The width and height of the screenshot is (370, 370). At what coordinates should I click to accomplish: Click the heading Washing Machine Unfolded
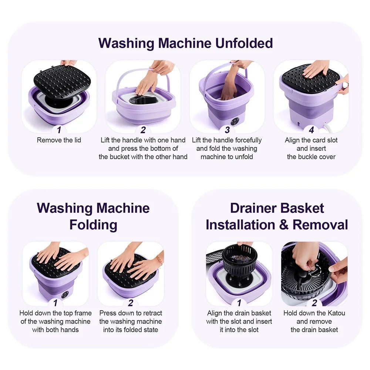(185, 43)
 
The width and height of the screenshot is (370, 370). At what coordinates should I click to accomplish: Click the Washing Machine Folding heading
(93, 216)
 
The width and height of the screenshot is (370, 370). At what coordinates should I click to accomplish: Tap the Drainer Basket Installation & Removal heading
(277, 216)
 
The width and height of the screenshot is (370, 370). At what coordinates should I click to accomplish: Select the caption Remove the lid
(59, 140)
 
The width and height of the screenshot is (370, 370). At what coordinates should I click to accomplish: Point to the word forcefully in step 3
(246, 140)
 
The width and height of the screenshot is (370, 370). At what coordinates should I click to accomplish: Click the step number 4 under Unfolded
(311, 130)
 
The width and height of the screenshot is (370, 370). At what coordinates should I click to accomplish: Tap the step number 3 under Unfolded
(227, 130)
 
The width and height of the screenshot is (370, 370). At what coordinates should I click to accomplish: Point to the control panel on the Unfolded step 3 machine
(234, 122)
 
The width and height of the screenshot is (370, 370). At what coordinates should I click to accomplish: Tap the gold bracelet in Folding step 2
(159, 259)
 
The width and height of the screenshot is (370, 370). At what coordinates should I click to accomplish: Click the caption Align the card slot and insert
(311, 144)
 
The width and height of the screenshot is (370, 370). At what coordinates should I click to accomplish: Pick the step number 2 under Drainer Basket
(314, 303)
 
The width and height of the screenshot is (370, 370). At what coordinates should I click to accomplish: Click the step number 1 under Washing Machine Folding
(55, 303)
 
